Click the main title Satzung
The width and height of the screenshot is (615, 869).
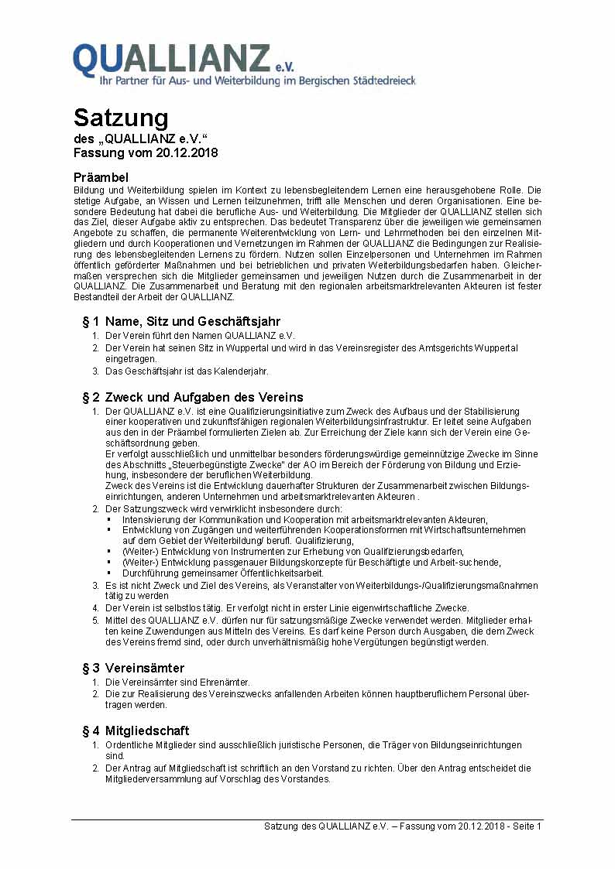pyautogui.click(x=121, y=118)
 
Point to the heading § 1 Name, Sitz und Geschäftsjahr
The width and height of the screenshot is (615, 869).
pyautogui.click(x=181, y=321)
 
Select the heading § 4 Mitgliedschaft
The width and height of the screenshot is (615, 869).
pyautogui.click(x=136, y=730)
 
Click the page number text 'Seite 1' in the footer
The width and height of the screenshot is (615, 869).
pyautogui.click(x=524, y=826)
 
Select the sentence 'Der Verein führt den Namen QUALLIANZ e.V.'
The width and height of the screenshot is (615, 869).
pyautogui.click(x=200, y=336)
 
